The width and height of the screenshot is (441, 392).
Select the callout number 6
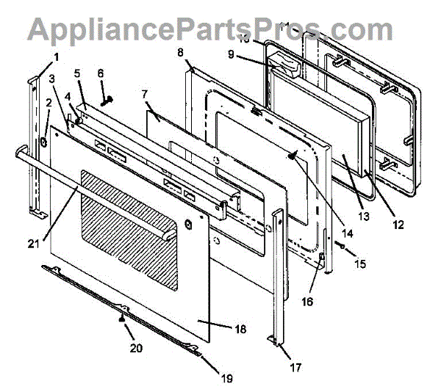point(101,73)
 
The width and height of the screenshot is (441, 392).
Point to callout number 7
point(144,95)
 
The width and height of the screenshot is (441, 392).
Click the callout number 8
point(181,52)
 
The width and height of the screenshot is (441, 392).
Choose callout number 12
point(398,225)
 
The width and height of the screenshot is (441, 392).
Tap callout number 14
point(346,233)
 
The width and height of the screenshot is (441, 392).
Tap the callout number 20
point(135,348)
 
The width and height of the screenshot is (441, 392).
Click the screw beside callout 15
point(342,247)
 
